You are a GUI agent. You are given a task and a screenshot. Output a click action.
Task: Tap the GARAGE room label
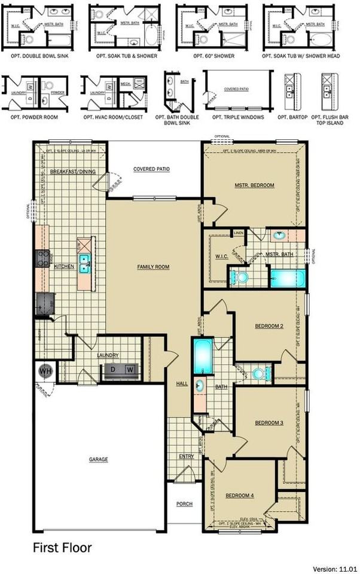[99, 459]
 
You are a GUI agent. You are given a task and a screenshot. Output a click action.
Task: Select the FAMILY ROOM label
[153, 266]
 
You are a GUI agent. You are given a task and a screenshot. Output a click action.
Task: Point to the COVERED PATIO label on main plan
[151, 169]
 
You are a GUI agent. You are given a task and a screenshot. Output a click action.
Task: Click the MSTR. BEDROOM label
[254, 185]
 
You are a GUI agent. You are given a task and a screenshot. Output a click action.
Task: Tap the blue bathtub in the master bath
[287, 278]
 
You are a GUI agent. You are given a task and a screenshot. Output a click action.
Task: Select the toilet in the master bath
[240, 277]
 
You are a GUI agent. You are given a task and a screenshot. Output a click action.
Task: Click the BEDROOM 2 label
[269, 326]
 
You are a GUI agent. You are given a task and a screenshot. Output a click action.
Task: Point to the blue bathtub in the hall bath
[201, 356]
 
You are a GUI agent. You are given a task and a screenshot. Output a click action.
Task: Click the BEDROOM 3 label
[269, 423]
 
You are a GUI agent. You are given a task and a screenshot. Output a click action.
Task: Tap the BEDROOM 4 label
[240, 496]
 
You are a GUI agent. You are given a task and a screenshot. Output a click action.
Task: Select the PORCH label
[184, 504]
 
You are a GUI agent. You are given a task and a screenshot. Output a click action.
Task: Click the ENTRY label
[186, 456]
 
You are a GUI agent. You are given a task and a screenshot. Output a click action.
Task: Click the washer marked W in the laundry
[129, 370]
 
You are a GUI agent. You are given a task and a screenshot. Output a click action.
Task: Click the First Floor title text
[62, 547]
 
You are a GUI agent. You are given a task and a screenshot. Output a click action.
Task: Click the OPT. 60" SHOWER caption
[213, 56]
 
